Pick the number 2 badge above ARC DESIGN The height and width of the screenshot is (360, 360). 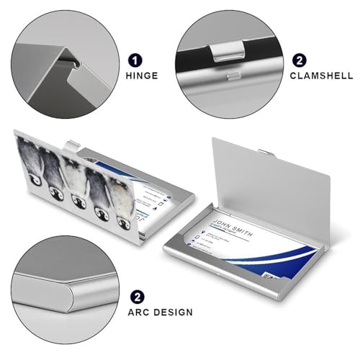click(x=136, y=296)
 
